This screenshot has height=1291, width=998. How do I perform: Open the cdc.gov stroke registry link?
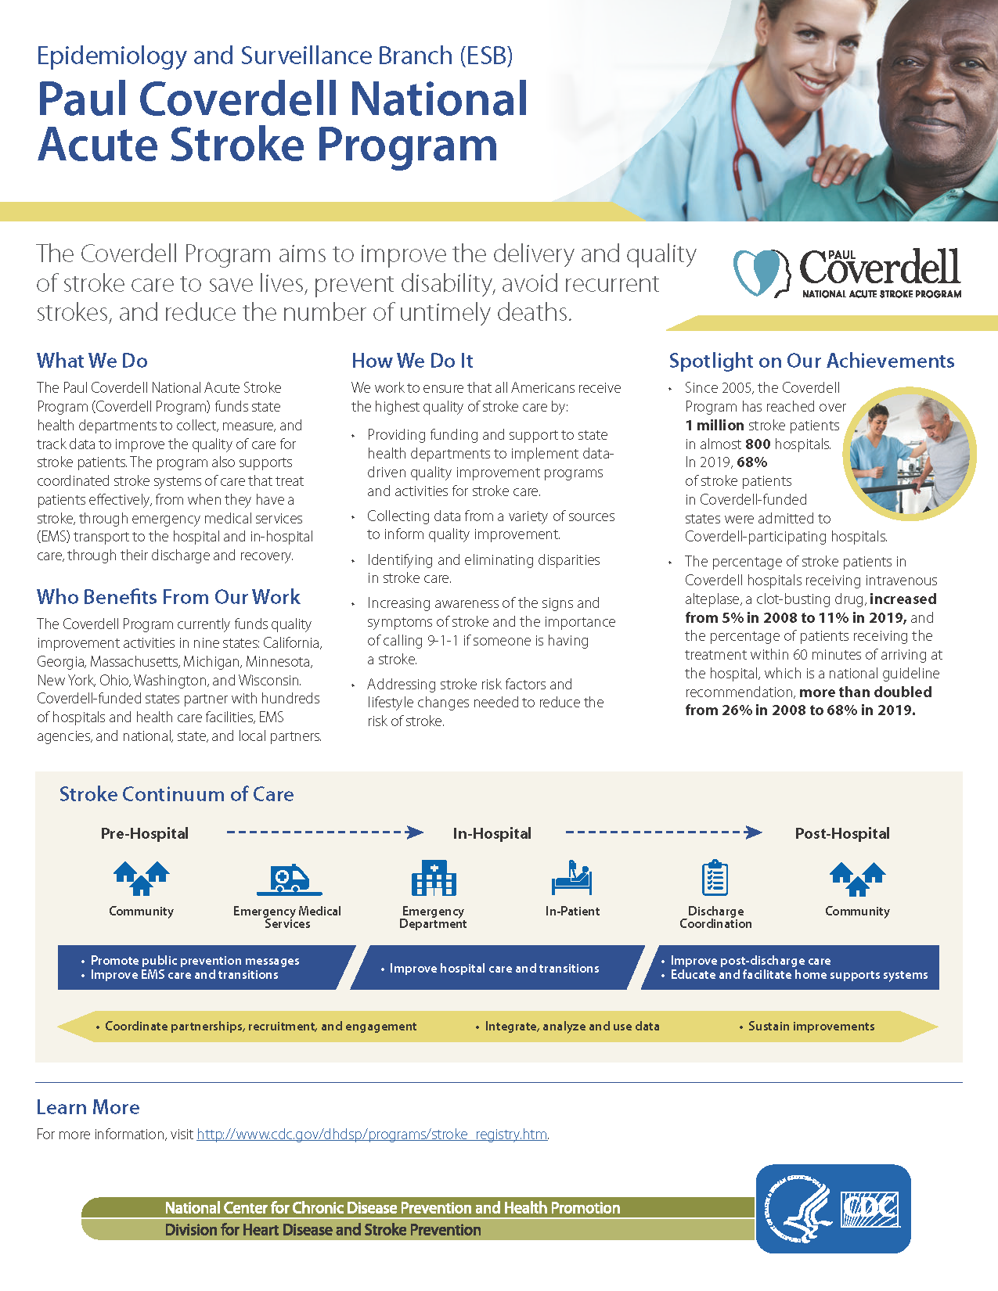[x=372, y=1135]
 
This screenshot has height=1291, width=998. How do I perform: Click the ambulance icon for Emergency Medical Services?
[x=290, y=880]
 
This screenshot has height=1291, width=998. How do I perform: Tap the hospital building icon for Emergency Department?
[x=434, y=879]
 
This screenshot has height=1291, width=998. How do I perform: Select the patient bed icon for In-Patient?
[x=572, y=879]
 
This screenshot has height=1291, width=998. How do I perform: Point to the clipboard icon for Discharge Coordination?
[x=715, y=878]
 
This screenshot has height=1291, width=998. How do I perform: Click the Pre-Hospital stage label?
[x=145, y=834]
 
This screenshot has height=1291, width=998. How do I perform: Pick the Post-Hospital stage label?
[x=842, y=834]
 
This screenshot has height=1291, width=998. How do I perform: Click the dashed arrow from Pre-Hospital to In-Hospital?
[x=324, y=832]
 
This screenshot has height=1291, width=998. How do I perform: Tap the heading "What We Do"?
[x=92, y=361]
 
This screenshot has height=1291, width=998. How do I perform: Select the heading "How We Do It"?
[x=413, y=361]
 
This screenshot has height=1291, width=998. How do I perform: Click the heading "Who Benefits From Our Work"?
[x=168, y=597]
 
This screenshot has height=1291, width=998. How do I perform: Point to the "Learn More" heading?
[x=88, y=1108]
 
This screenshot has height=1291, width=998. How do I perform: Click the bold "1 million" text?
[x=715, y=426]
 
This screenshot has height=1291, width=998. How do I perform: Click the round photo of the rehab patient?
[x=910, y=454]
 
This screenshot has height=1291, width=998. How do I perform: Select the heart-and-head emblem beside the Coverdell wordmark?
[x=760, y=272]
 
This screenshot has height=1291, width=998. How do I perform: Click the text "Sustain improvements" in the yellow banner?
[x=811, y=1027]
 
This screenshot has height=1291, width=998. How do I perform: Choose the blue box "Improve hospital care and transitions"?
[x=495, y=969]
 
